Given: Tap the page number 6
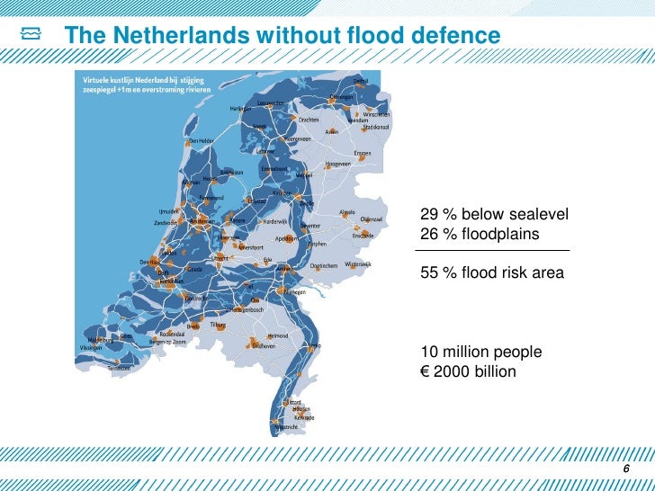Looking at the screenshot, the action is tap(627, 473).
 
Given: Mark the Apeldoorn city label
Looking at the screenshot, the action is tap(287, 238).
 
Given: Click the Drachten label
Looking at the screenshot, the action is tap(310, 120).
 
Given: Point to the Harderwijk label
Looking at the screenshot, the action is tap(274, 220).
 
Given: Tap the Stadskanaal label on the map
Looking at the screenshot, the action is tap(376, 127).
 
